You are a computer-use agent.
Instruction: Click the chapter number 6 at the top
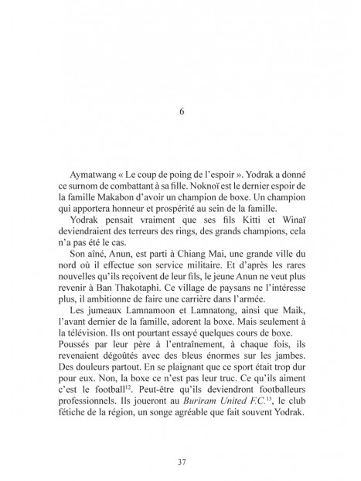pyautogui.click(x=180, y=110)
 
